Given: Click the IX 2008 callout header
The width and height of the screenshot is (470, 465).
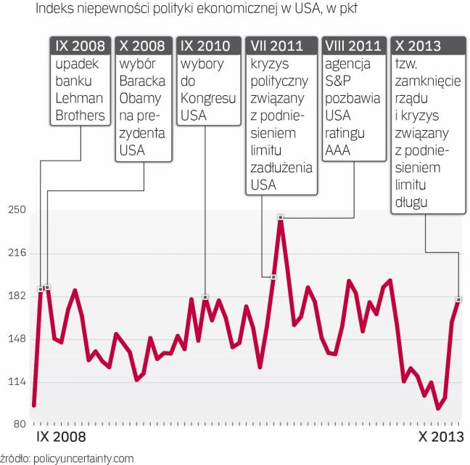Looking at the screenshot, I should click(x=80, y=46).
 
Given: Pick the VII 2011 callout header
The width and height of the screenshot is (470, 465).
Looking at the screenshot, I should click(x=281, y=46).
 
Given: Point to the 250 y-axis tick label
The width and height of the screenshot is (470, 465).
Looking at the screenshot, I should click(x=17, y=210).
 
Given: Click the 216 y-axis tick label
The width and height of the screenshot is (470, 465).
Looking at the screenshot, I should click(x=17, y=253).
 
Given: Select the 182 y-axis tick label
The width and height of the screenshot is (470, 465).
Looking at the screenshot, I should click(x=17, y=296).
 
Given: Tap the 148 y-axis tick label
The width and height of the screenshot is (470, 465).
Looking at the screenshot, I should click(x=17, y=339).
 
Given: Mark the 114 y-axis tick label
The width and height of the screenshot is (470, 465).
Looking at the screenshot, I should click(x=17, y=381).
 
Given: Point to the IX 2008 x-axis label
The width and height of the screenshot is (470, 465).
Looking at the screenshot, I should click(x=59, y=437).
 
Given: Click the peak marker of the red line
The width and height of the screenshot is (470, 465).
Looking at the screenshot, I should click(x=281, y=217).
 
